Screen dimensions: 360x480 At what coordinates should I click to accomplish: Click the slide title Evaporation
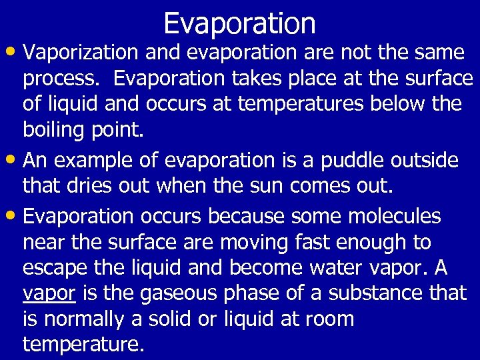[239, 23]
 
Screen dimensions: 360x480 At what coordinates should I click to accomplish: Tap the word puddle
[345, 161]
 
